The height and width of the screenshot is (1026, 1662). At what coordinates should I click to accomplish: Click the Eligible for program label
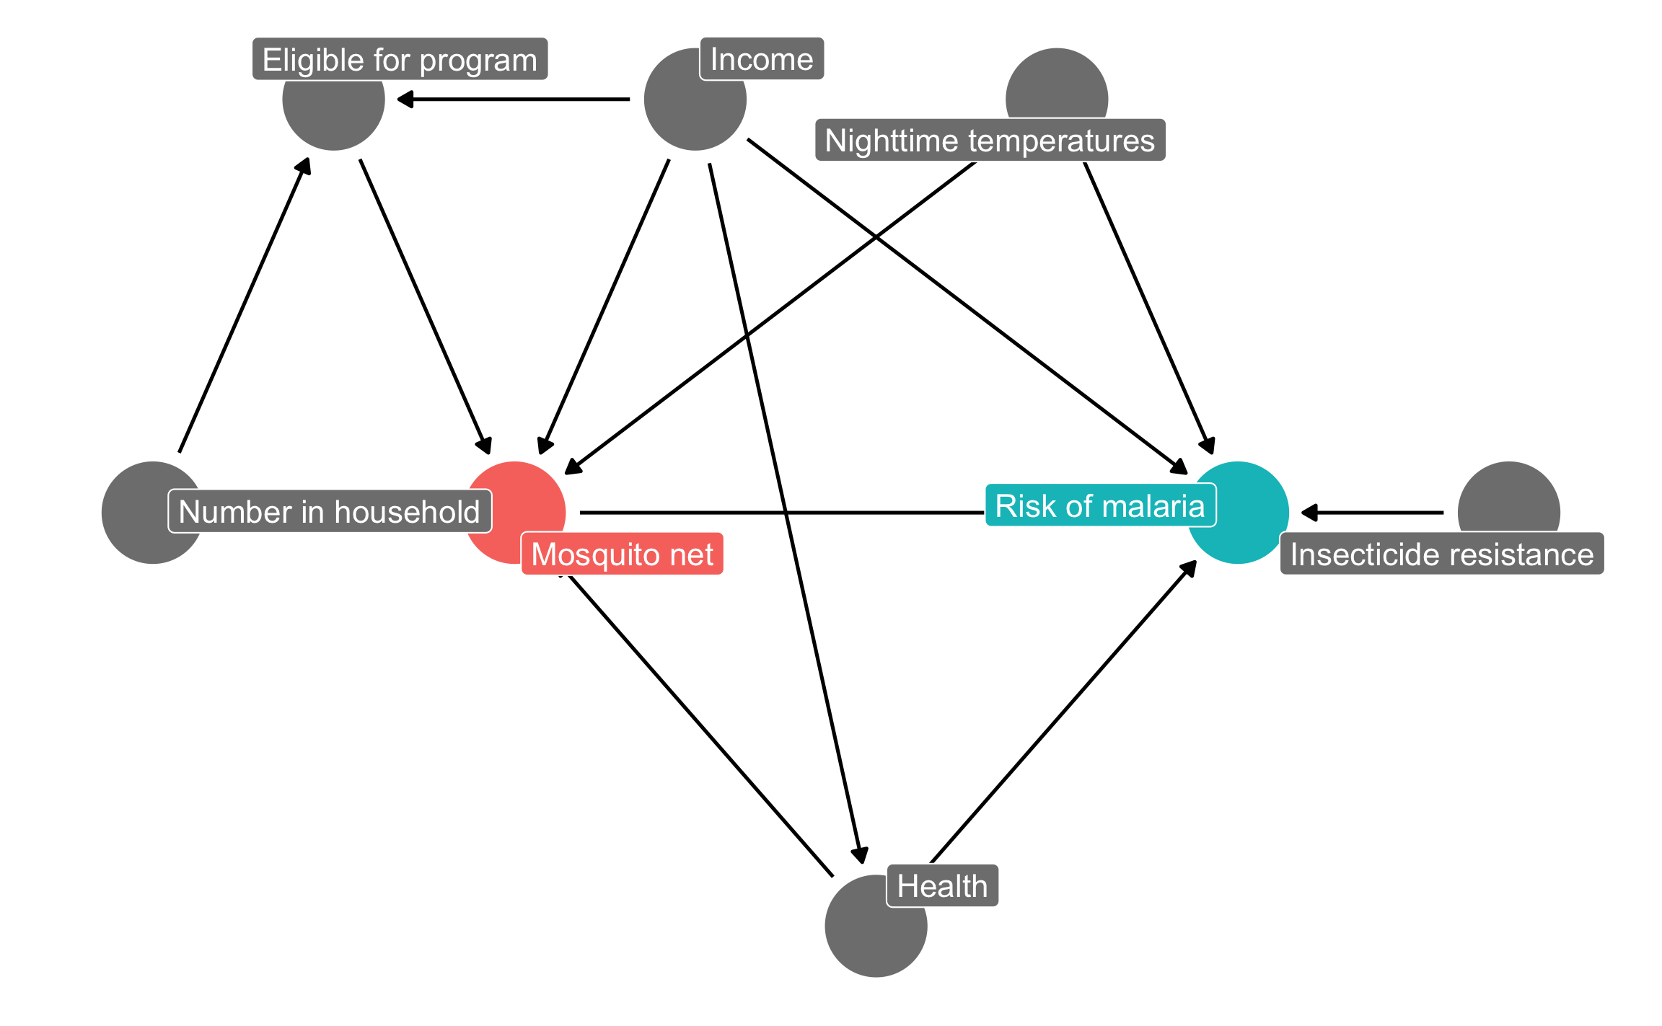[400, 59]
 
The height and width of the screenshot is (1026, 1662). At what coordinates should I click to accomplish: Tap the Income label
[761, 59]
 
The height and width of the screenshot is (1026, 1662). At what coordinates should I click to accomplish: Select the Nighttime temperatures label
[990, 141]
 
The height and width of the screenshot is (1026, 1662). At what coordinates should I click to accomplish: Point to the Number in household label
[329, 512]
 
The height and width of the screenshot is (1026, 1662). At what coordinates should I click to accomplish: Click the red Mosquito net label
[622, 554]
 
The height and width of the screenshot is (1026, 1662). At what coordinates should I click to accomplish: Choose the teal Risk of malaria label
[1099, 505]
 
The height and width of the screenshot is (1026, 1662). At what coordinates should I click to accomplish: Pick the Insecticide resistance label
[1441, 554]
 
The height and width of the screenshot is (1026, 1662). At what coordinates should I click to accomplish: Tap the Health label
[941, 885]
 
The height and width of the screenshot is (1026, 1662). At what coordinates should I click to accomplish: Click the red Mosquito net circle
[505, 505]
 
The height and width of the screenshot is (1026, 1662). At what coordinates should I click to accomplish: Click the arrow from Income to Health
[785, 512]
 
